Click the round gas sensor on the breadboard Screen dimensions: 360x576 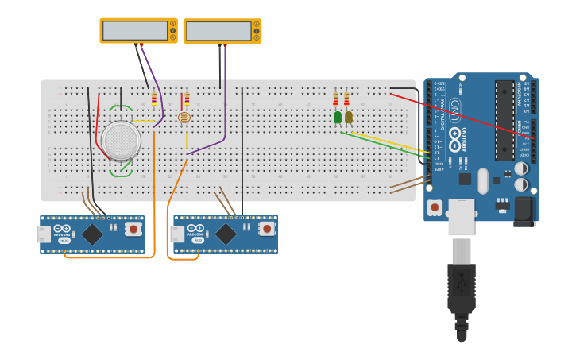click(122, 140)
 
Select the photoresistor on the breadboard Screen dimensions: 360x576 click(184, 118)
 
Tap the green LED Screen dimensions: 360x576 click(338, 118)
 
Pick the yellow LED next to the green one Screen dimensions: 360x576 click(348, 118)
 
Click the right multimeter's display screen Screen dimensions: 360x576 click(218, 31)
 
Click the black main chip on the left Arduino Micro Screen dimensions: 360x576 click(93, 234)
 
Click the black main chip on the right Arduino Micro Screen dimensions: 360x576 click(226, 234)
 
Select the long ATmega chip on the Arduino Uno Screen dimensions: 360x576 click(504, 119)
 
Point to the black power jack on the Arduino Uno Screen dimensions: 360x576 click(524, 211)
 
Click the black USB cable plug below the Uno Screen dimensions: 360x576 click(462, 290)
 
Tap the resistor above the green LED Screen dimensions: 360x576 click(336, 99)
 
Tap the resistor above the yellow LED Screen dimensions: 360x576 click(346, 99)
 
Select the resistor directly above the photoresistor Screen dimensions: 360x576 click(187, 100)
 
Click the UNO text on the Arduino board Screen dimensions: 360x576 click(455, 108)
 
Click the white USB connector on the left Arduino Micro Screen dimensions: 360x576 click(43, 234)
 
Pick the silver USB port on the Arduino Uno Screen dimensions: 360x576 click(461, 217)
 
